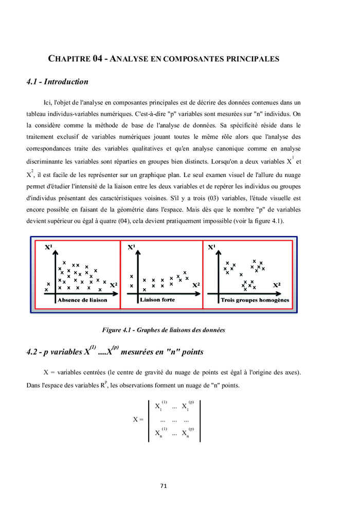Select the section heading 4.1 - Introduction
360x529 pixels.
(x=57, y=81)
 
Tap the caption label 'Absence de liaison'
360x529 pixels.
(x=82, y=300)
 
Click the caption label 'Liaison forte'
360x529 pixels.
(x=157, y=299)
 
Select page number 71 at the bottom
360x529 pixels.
(x=164, y=485)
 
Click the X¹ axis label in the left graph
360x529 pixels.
(x=50, y=248)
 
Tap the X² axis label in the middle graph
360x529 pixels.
(x=196, y=285)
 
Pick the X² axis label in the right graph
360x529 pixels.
(x=276, y=285)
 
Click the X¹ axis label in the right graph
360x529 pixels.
(x=211, y=248)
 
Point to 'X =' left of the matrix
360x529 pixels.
(x=137, y=419)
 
